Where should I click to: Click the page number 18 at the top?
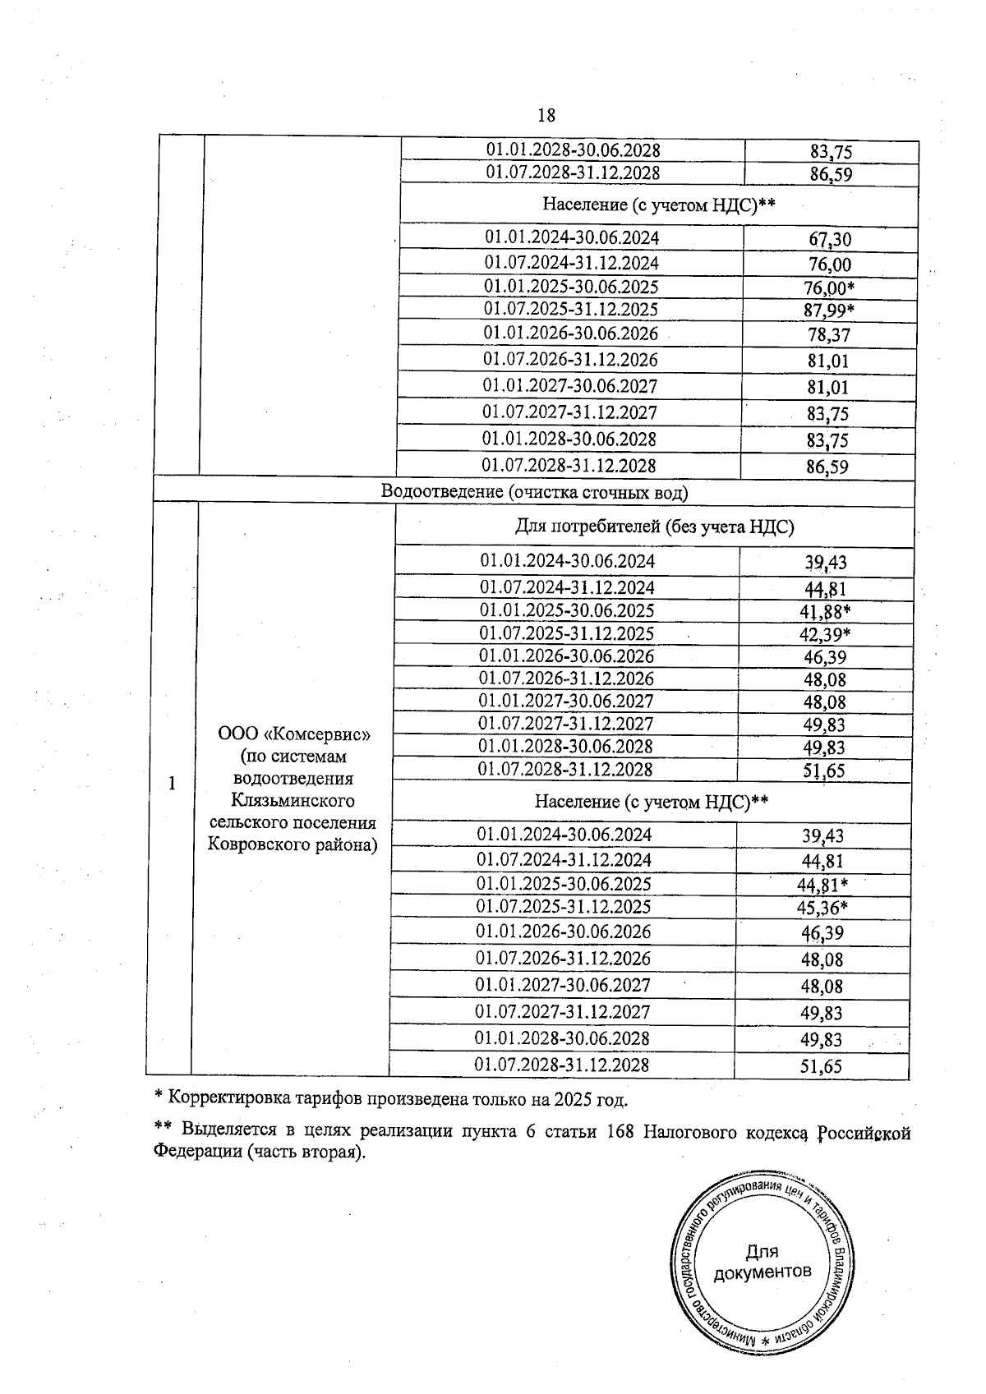(546, 116)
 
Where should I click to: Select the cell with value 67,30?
(829, 239)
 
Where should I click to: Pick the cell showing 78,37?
(828, 335)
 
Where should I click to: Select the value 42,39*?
(825, 634)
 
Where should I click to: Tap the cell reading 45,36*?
(822, 908)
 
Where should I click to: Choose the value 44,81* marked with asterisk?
(822, 885)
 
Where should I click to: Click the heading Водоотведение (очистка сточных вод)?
(534, 492)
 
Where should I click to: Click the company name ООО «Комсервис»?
(293, 734)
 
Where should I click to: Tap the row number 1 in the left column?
(172, 784)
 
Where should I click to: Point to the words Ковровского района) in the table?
(293, 844)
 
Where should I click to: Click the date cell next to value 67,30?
(572, 238)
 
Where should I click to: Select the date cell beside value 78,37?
(571, 334)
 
